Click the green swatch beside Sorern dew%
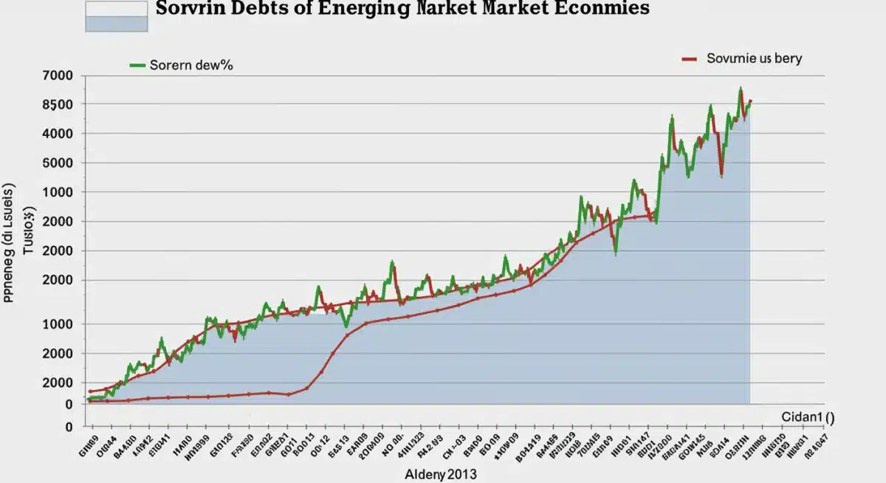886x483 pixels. pyautogui.click(x=137, y=65)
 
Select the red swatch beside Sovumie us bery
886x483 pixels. pyautogui.click(x=690, y=58)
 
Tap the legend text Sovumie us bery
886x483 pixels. pyautogui.click(x=754, y=58)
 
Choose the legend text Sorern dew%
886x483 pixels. pyautogui.click(x=191, y=65)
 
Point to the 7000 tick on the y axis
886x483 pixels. pyautogui.click(x=58, y=75)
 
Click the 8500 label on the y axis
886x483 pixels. pyautogui.click(x=58, y=105)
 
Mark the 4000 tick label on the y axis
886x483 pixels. pyautogui.click(x=58, y=134)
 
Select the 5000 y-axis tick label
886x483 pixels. pyautogui.click(x=58, y=163)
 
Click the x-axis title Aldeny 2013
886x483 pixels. pyautogui.click(x=435, y=474)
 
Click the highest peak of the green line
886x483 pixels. pyautogui.click(x=740, y=89)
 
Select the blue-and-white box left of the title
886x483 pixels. pyautogui.click(x=117, y=16)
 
